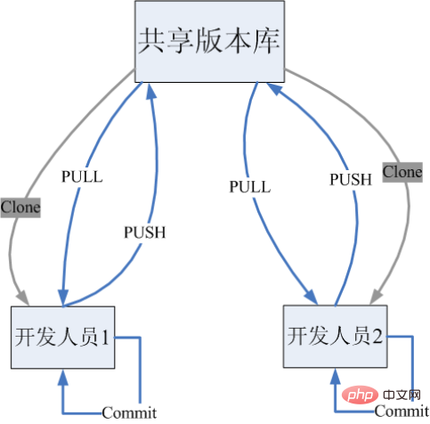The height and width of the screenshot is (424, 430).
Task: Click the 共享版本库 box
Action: click(x=209, y=41)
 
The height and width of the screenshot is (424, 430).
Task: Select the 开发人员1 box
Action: click(x=63, y=338)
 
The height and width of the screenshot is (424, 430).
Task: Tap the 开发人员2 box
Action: click(x=335, y=336)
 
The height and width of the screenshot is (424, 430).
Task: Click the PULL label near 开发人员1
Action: click(x=82, y=176)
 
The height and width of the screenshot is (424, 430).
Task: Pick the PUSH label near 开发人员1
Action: click(x=144, y=232)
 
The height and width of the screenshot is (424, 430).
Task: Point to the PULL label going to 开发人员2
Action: click(x=250, y=187)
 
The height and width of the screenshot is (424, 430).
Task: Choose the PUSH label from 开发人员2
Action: click(x=351, y=179)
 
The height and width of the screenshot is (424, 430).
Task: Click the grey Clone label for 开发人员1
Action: click(x=20, y=208)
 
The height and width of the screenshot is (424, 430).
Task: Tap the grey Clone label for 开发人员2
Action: click(x=402, y=172)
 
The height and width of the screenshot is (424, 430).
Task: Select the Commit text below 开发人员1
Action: click(x=129, y=412)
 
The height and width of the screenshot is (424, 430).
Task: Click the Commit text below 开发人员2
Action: click(x=402, y=412)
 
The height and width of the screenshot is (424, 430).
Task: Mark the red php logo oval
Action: click(x=360, y=395)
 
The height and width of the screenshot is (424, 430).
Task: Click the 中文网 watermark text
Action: click(x=402, y=395)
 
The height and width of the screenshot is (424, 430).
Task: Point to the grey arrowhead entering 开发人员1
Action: click(x=22, y=298)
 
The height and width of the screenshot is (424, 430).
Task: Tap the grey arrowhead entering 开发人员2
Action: click(x=377, y=297)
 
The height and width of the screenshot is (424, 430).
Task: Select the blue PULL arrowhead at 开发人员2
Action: click(x=312, y=297)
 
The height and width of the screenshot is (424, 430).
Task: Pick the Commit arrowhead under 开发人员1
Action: click(x=63, y=377)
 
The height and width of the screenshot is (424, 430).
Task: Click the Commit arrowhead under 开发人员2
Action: click(x=335, y=376)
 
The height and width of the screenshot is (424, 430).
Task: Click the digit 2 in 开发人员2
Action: click(x=377, y=336)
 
